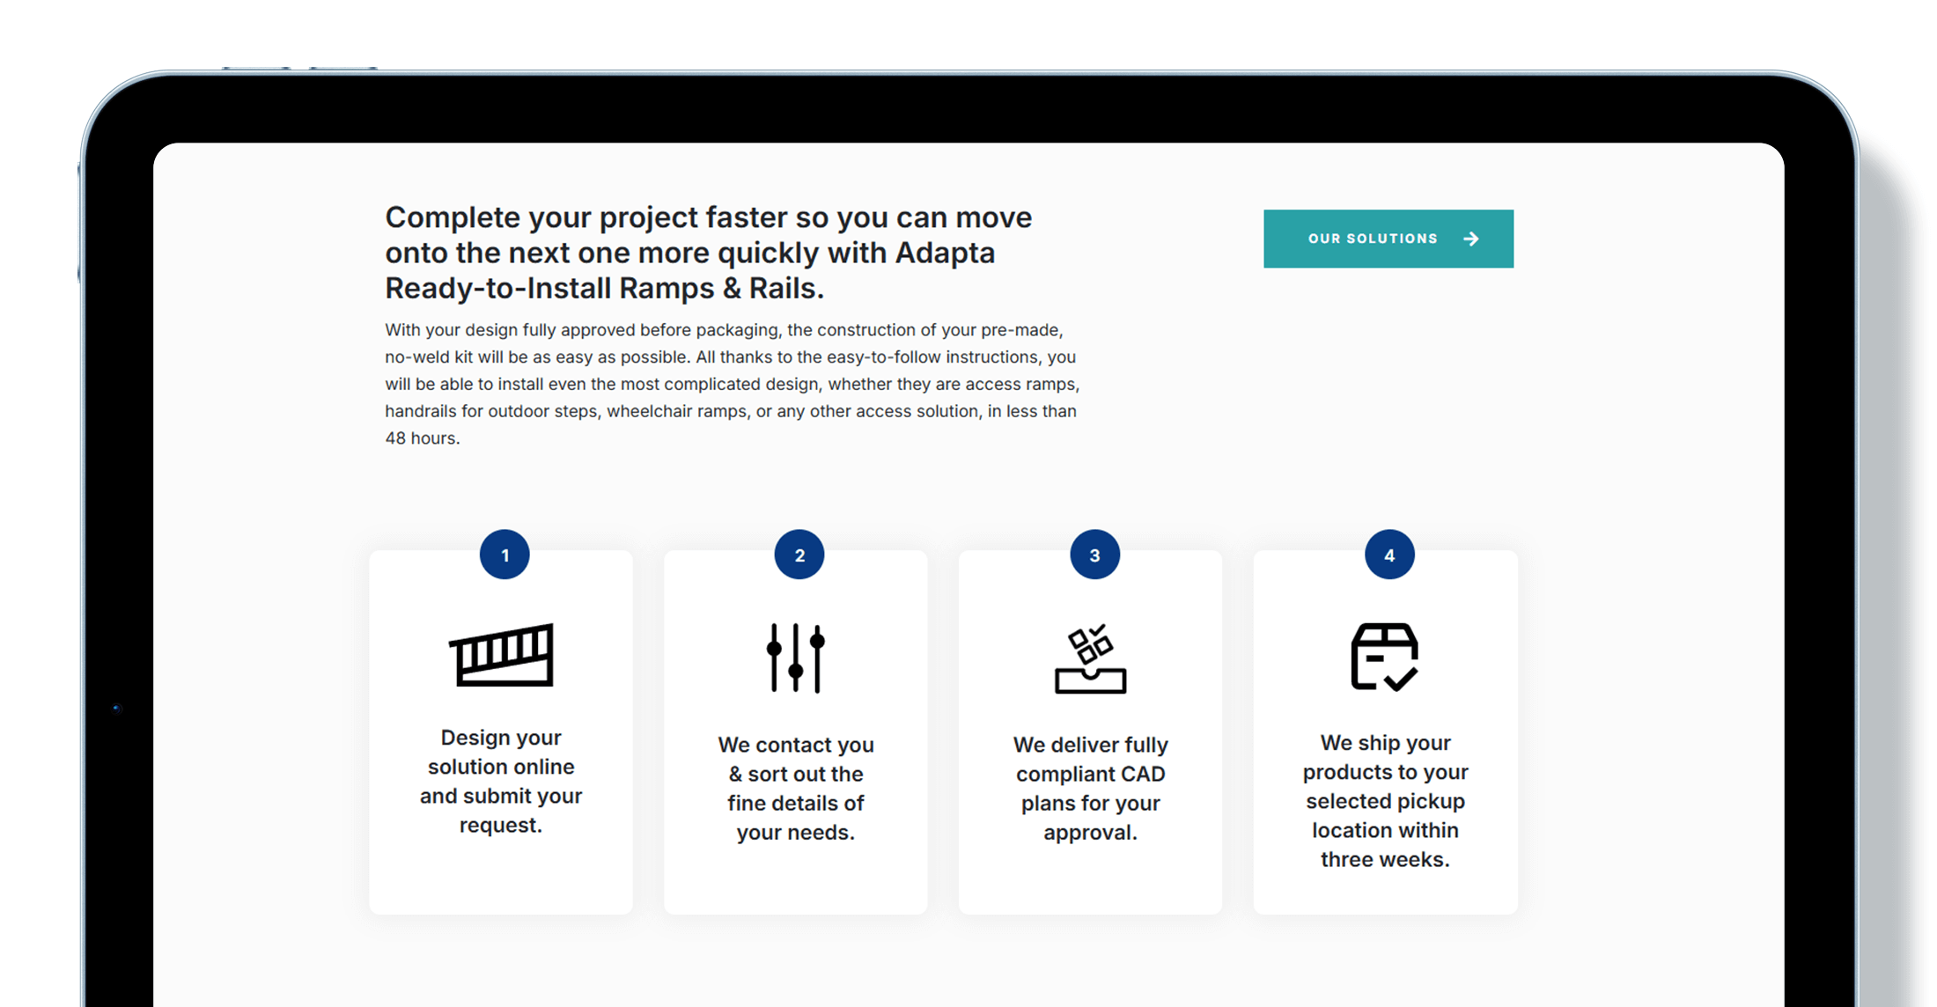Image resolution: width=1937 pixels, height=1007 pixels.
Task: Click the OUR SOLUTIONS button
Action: pos(1388,239)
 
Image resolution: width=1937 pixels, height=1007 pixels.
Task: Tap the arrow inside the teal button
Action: pos(1470,239)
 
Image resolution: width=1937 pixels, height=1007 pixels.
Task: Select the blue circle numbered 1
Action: pos(505,555)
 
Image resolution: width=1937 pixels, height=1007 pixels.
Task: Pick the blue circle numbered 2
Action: pos(799,555)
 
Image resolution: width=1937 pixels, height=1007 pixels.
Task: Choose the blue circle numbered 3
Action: pos(1094,555)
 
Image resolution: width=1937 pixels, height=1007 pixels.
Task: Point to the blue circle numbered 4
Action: pos(1389,555)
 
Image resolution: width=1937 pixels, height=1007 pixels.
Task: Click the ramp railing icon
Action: pos(501,655)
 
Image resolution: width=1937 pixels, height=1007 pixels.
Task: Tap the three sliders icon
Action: pos(796,658)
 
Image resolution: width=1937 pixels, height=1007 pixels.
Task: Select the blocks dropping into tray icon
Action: pos(1090,659)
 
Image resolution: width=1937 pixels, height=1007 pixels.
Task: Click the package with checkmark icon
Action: pos(1384,657)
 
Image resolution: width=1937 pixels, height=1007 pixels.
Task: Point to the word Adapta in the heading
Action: pos(945,254)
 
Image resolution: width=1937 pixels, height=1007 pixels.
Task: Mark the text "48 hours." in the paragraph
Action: pos(423,438)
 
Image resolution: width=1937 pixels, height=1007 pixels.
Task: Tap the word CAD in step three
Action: pos(1143,774)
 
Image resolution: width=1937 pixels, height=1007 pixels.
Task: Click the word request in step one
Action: pos(498,827)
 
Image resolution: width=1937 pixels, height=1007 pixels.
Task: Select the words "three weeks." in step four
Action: pos(1385,859)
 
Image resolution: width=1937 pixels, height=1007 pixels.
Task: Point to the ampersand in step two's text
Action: pos(736,774)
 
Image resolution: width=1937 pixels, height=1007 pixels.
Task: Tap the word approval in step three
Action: pos(1088,833)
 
